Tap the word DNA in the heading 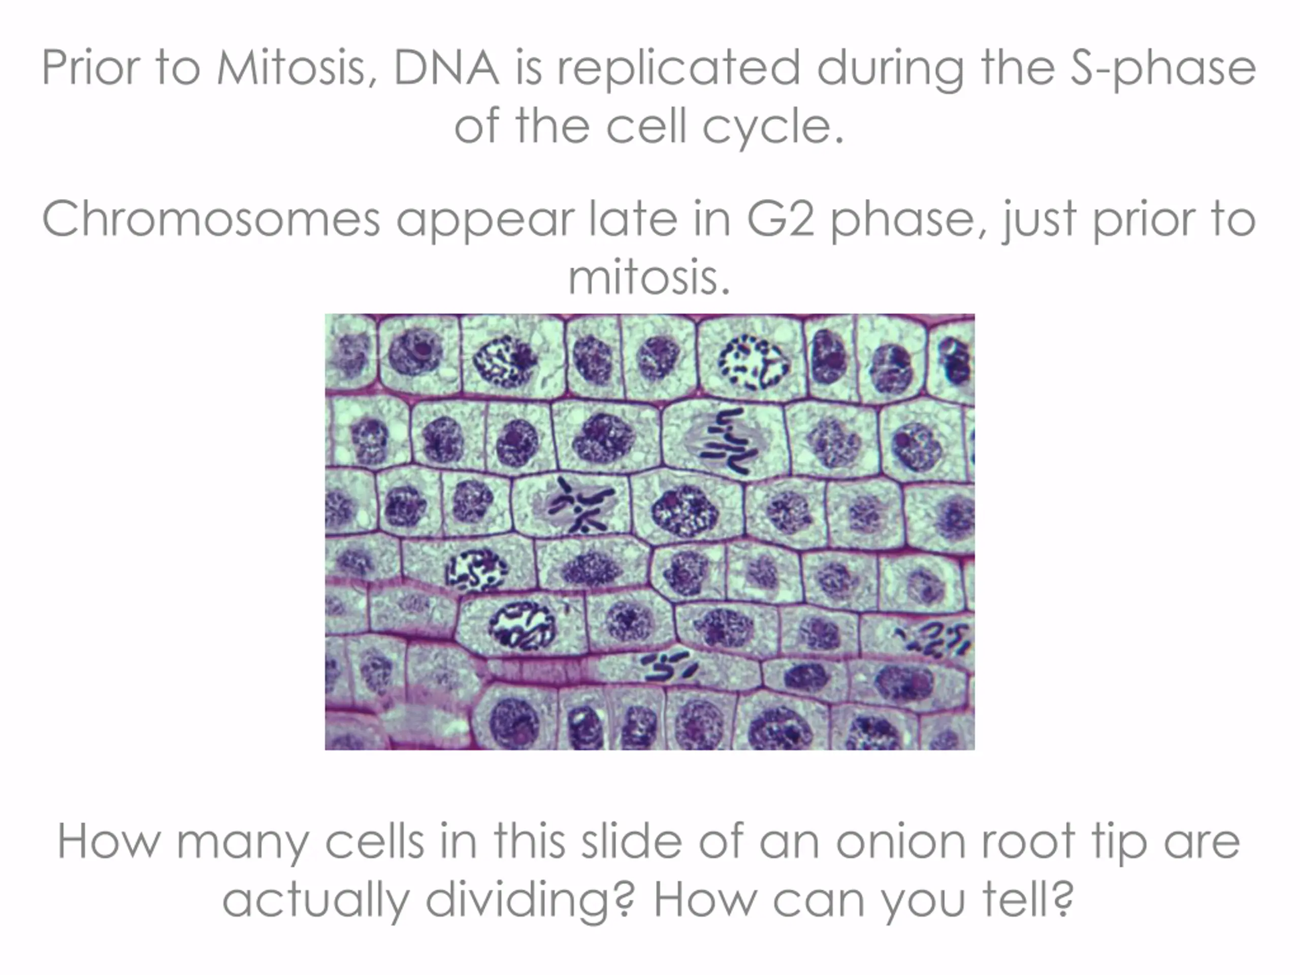[447, 67]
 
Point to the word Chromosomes [211, 219]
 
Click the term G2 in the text [781, 219]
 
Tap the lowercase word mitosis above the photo [649, 277]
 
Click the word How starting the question [109, 841]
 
